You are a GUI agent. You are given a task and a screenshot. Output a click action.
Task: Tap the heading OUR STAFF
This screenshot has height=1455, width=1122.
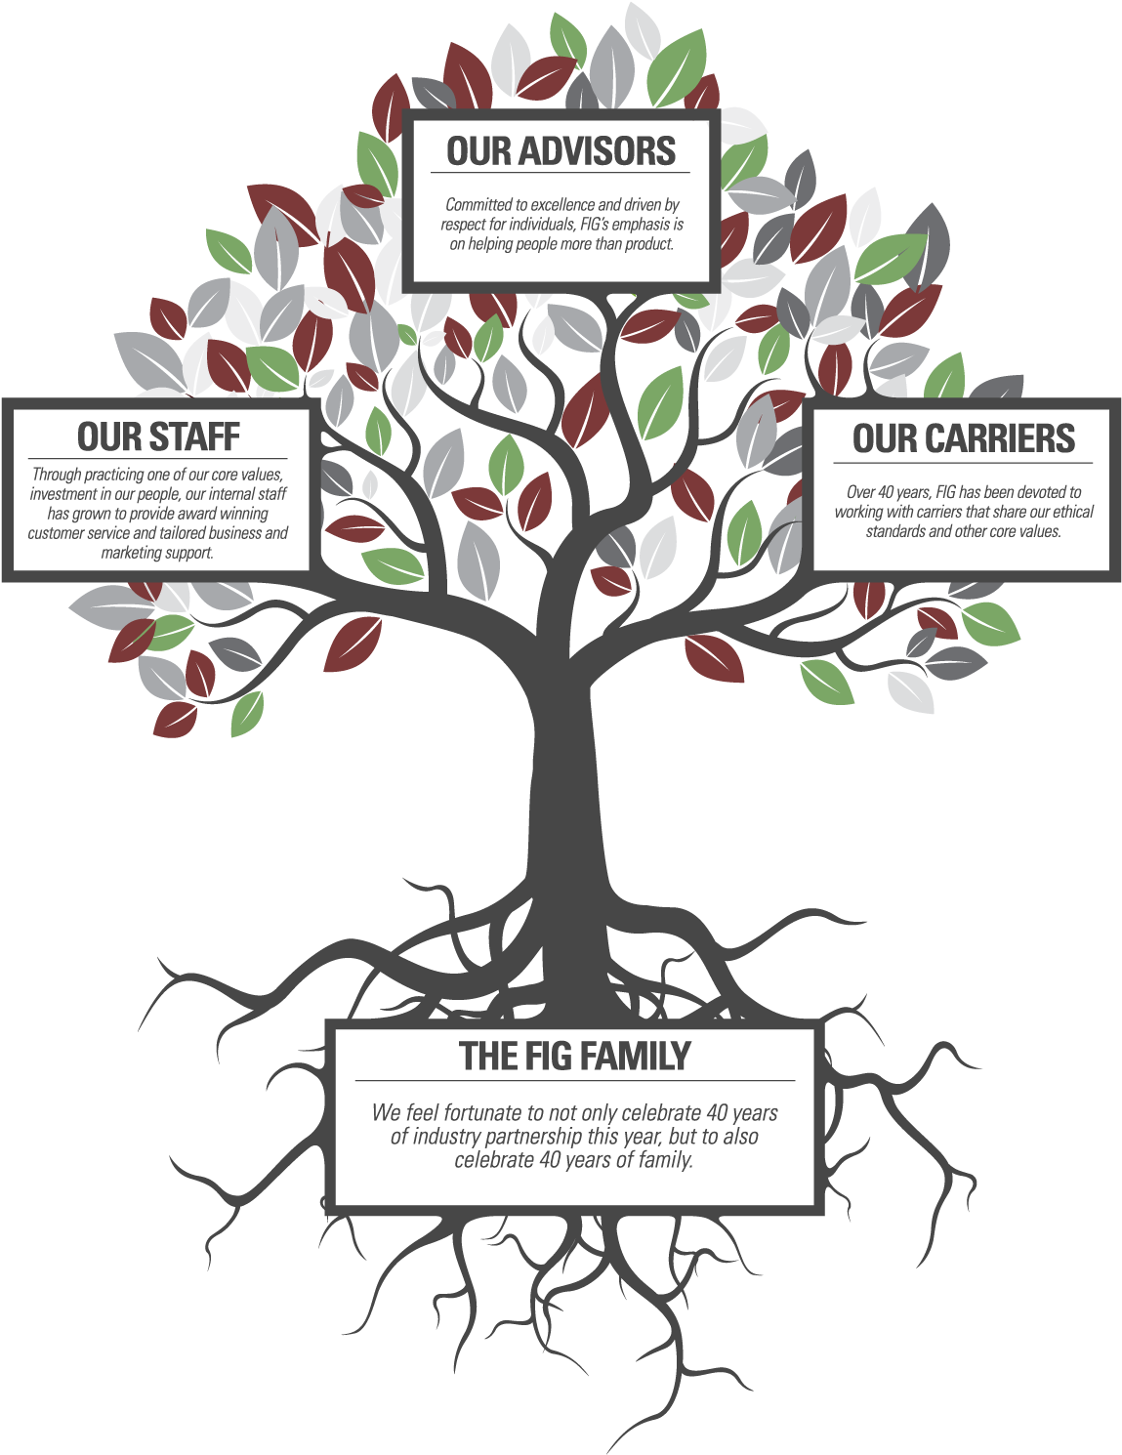[158, 436]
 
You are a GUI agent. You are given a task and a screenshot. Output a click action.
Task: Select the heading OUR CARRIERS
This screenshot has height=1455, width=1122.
[964, 437]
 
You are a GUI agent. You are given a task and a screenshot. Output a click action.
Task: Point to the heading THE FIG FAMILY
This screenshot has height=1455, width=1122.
[574, 1056]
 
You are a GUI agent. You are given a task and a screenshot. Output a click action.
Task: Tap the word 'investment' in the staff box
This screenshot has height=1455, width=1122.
[61, 495]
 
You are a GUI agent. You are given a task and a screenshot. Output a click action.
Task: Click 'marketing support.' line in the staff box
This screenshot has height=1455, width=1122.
[157, 553]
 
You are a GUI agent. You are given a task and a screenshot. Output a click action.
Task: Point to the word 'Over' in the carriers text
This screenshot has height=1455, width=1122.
[860, 493]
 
